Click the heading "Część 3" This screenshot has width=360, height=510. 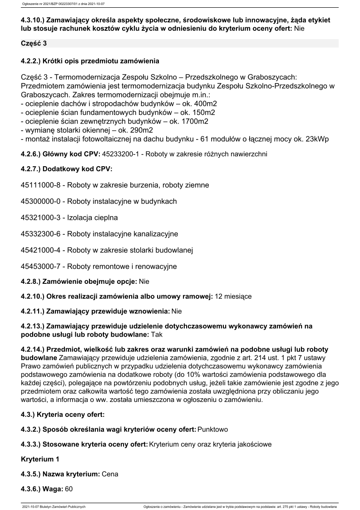point(34,44)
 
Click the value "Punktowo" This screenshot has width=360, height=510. point(213,429)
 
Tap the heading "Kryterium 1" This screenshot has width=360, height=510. point(40,459)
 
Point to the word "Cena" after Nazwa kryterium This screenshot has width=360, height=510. point(110,474)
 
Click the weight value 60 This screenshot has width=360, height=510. point(69,489)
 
